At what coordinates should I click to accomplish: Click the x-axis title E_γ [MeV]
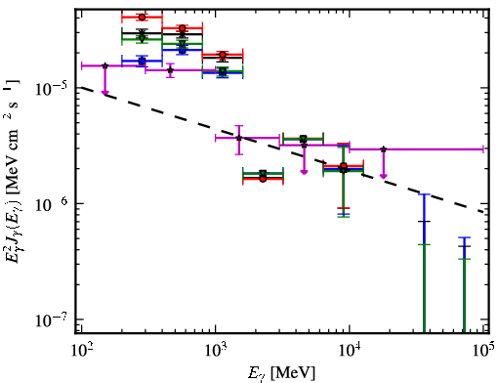pos(282,373)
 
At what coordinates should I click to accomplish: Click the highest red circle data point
pos(142,17)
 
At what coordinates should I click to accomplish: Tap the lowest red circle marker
pos(263,179)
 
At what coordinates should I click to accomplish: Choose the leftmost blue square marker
pos(142,61)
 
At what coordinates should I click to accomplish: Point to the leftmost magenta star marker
pos(104,65)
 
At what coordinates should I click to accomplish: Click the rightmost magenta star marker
pos(384,149)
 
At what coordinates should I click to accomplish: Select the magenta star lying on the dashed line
pos(239,138)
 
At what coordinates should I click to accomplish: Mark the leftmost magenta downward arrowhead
pos(104,93)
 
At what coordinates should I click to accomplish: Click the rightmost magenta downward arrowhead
pos(384,176)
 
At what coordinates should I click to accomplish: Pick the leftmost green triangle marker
pos(142,39)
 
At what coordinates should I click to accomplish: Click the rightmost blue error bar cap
pos(464,237)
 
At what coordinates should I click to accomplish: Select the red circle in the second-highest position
pos(183,28)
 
